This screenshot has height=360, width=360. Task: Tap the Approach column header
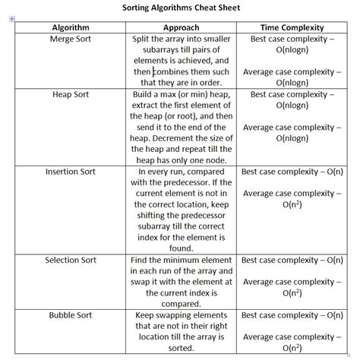pyautogui.click(x=181, y=27)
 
